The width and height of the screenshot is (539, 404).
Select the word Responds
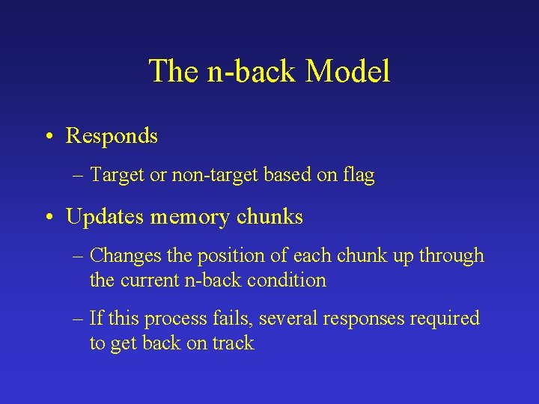[112, 136]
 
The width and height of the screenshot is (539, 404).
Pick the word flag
[358, 175]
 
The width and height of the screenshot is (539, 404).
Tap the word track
[234, 343]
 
